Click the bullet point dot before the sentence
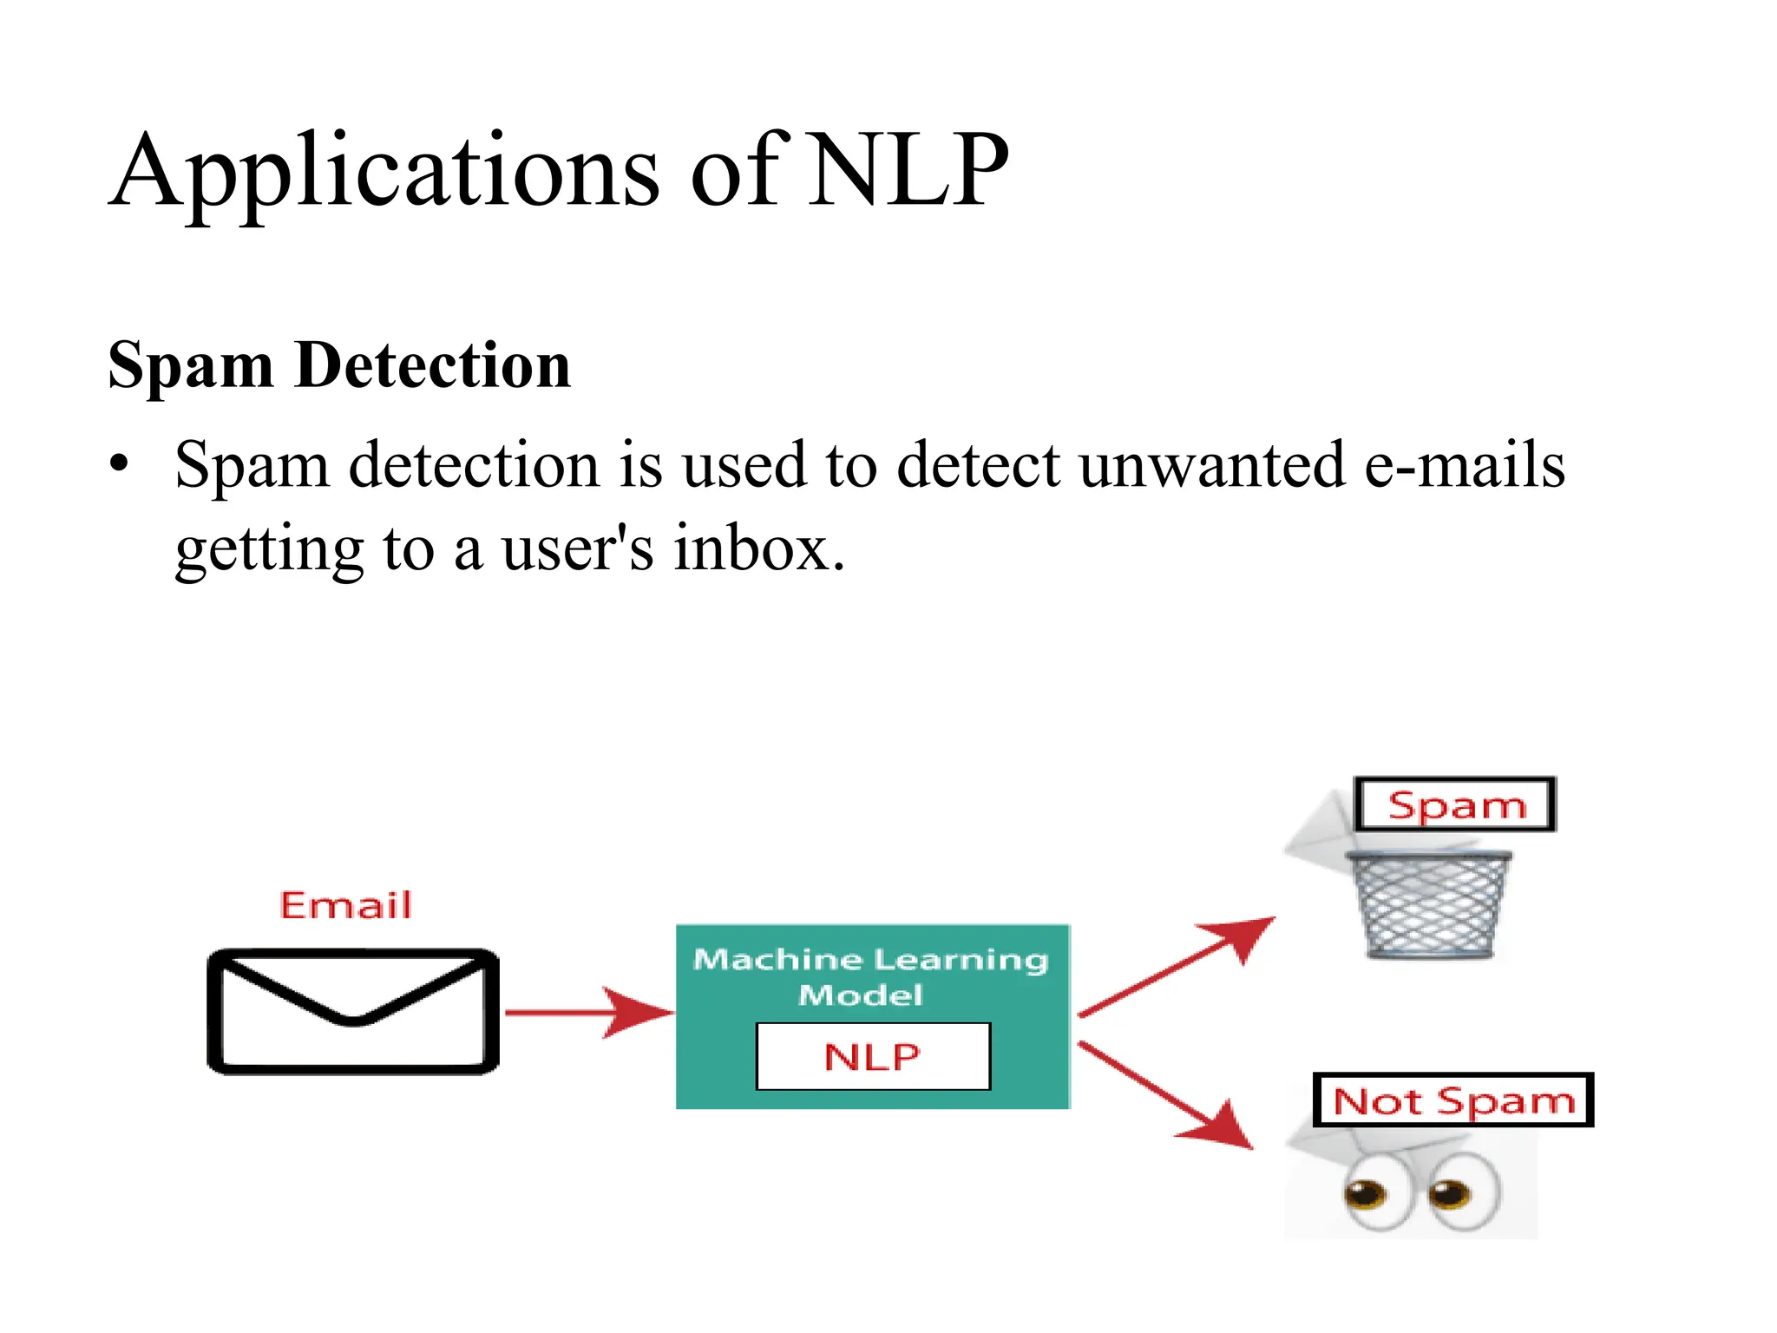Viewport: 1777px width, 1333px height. pyautogui.click(x=119, y=463)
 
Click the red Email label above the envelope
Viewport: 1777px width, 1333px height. pyautogui.click(x=345, y=905)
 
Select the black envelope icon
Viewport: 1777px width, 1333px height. pyautogui.click(x=353, y=1012)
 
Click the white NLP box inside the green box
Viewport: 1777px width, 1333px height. pyautogui.click(x=872, y=1056)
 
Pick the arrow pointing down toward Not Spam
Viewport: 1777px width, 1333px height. pyautogui.click(x=1167, y=1096)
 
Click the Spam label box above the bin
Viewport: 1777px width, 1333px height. pyautogui.click(x=1455, y=805)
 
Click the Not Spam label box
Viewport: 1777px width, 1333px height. pyautogui.click(x=1452, y=1100)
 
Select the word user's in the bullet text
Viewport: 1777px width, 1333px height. pyautogui.click(x=577, y=548)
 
